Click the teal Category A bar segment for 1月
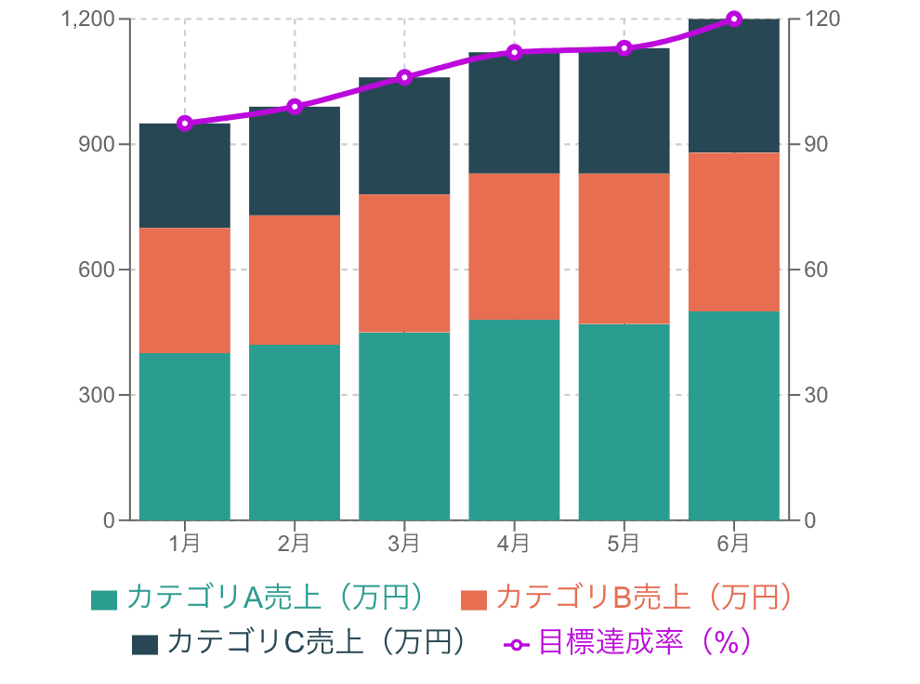pos(185,436)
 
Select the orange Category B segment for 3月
pos(404,263)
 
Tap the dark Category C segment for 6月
pos(733,85)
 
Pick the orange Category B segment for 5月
pos(624,249)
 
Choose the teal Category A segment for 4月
pos(514,419)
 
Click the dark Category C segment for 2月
pos(295,161)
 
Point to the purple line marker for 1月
pos(185,123)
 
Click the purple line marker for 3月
pos(404,77)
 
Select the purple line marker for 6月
pos(733,19)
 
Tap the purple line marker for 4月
pos(514,52)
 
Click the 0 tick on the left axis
pos(110,520)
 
